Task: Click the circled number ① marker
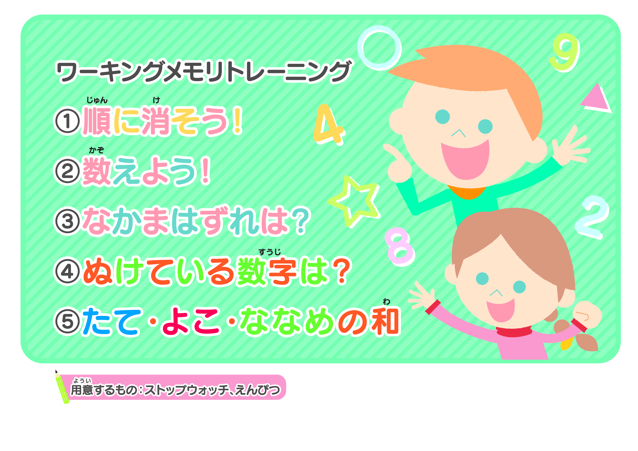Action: click(67, 122)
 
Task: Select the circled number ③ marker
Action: click(67, 221)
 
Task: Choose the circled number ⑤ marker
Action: click(67, 322)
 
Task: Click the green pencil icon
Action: click(62, 387)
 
